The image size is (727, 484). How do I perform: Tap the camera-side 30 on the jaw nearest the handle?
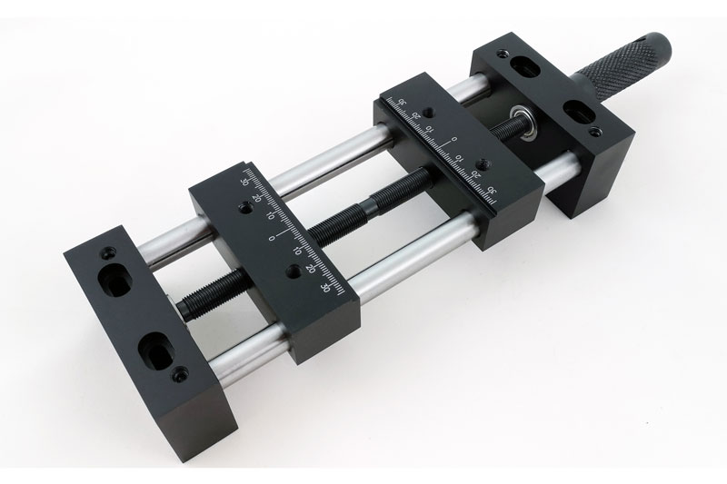pyautogui.click(x=492, y=190)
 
